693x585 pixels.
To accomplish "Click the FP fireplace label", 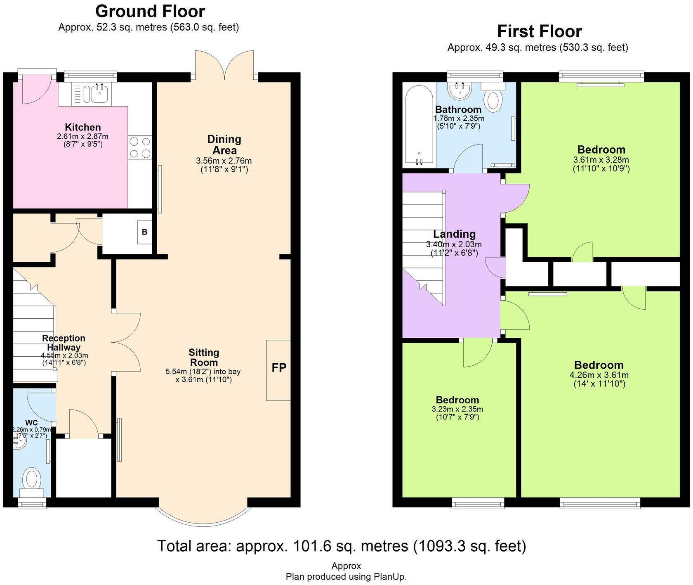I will pos(279,367).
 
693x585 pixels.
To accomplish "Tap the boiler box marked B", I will pos(144,232).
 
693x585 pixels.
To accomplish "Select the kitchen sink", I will pos(99,94).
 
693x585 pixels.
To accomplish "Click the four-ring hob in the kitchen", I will pos(139,147).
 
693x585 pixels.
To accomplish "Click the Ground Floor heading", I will pos(150,11).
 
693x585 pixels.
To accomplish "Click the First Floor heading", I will pos(539,31).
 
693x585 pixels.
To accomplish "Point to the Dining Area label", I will pos(224,144).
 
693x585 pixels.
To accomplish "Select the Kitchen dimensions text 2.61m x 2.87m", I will pos(82,136).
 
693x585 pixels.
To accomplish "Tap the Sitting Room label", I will pos(203,357).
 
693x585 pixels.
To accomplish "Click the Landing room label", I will pos(454,234).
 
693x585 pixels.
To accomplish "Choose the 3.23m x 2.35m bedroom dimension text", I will pos(457,409).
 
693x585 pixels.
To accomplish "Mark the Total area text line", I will pos(342,546).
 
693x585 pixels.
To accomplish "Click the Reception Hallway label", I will pos(64,343).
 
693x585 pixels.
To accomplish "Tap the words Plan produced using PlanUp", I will pos(346,576).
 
